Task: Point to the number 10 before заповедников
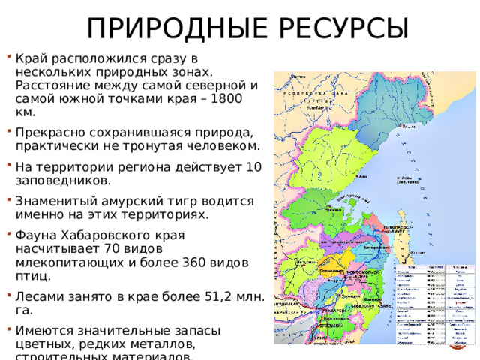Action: point(253,167)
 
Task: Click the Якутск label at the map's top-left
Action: point(298,76)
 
